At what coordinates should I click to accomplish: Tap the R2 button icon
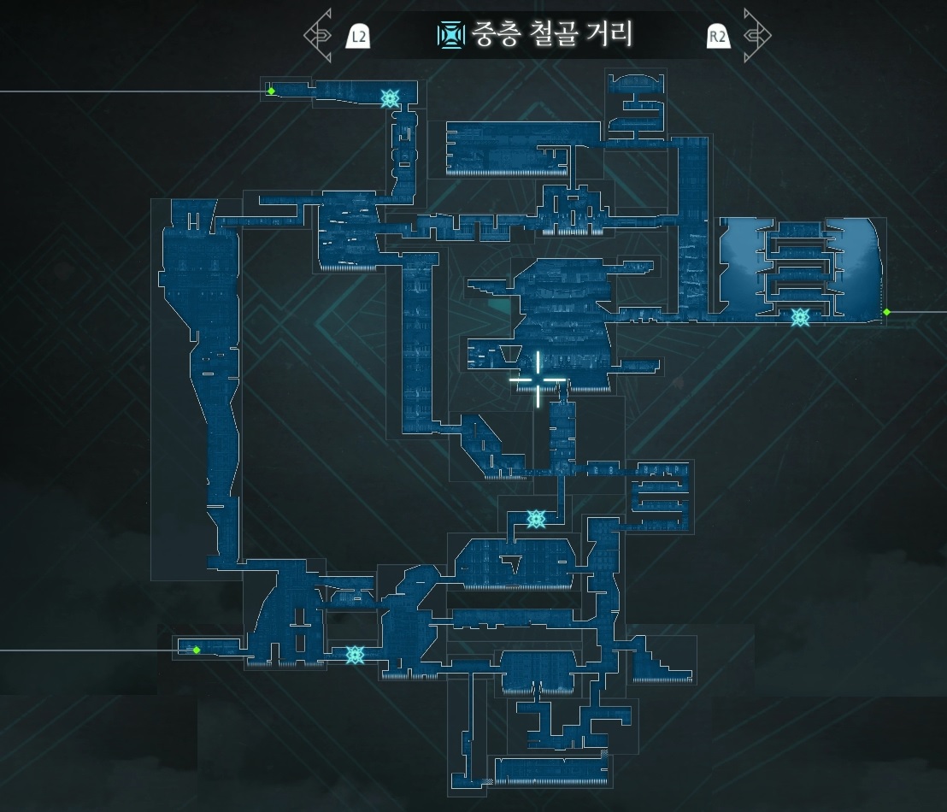coord(718,36)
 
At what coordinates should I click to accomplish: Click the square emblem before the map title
coord(449,35)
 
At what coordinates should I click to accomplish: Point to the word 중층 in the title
coord(491,34)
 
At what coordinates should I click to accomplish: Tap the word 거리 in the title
coord(609,34)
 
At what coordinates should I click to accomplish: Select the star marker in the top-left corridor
coord(390,98)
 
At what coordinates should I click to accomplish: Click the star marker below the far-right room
coord(800,317)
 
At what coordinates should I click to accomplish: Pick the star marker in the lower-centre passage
coord(536,518)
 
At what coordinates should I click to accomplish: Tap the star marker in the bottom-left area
coord(356,655)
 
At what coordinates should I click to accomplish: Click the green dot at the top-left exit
coord(271,91)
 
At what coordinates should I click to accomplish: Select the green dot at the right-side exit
coord(886,312)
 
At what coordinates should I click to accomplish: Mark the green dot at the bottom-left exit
coord(197,650)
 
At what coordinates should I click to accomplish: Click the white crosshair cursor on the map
coord(538,380)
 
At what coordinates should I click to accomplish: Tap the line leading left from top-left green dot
coord(128,91)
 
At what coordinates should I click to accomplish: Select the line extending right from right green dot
coord(919,312)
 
